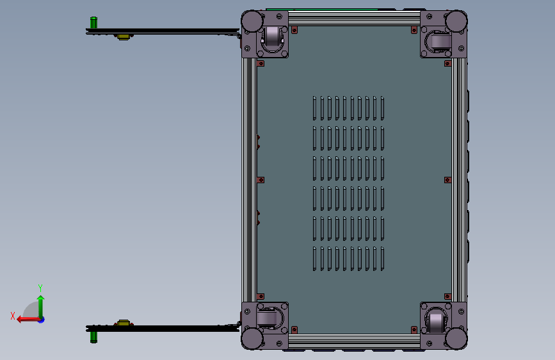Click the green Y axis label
click(x=40, y=288)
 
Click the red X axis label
click(x=13, y=316)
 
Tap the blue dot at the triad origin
click(x=42, y=320)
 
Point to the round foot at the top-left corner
click(x=252, y=21)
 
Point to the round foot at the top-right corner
click(x=456, y=21)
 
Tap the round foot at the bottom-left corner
click(x=252, y=339)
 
